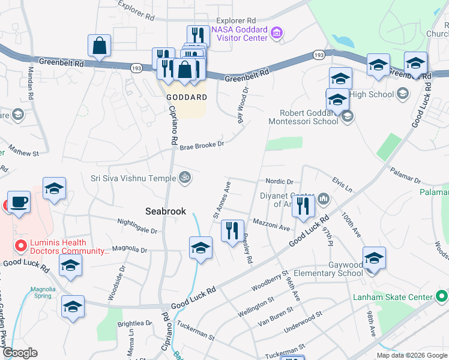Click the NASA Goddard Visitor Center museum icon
click(277, 32)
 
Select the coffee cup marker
click(19, 202)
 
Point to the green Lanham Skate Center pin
click(442, 296)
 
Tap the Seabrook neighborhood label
click(166, 211)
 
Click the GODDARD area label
click(187, 97)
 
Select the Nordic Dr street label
click(279, 181)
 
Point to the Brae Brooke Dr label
click(202, 145)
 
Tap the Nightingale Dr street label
click(137, 230)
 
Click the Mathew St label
click(25, 153)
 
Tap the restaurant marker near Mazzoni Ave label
click(303, 205)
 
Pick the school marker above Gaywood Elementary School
click(374, 257)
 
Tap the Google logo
click(20, 353)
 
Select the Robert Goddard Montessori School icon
click(347, 117)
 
